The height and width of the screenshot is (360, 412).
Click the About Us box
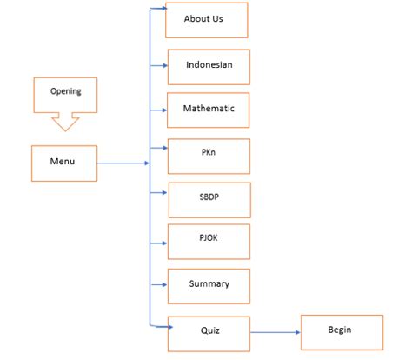click(206, 19)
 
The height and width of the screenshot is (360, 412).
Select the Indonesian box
click(209, 65)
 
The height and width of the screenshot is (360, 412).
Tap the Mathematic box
click(209, 110)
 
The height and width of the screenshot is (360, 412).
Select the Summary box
click(209, 284)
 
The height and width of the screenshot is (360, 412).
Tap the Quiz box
click(209, 330)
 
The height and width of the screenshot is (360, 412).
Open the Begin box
click(339, 331)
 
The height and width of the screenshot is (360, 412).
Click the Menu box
click(63, 162)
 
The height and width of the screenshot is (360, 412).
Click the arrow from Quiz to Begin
click(274, 331)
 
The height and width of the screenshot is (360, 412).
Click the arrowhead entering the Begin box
click(296, 331)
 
